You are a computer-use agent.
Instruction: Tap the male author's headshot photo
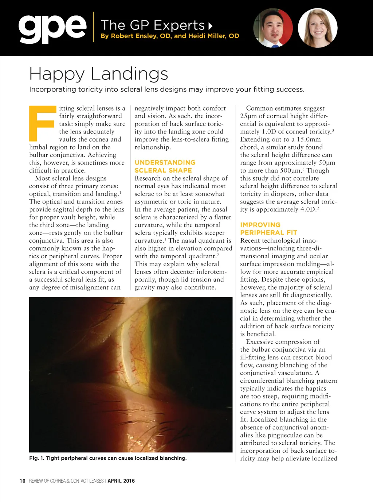(273, 28)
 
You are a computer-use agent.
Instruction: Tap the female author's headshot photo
(318, 28)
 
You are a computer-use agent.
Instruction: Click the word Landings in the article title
(129, 74)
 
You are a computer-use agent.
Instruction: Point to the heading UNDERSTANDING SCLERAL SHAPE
(165, 166)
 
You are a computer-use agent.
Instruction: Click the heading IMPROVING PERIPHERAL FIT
(268, 229)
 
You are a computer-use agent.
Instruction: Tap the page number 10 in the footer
(23, 481)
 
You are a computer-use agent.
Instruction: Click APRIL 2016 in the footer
(121, 481)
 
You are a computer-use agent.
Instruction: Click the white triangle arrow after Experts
(210, 26)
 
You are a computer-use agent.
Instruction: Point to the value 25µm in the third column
(248, 116)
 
